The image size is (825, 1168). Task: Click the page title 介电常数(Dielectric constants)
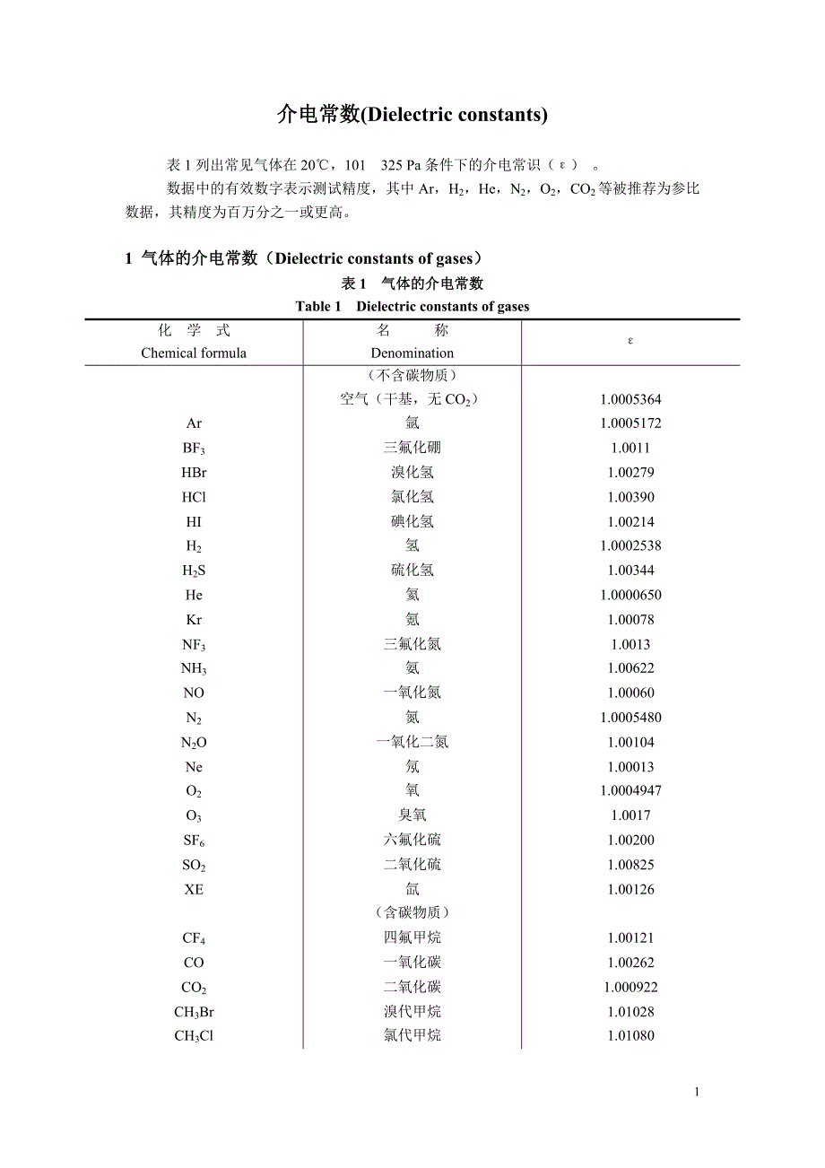(x=412, y=115)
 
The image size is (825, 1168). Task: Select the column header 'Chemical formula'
(x=194, y=353)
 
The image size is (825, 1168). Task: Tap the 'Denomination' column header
(x=412, y=353)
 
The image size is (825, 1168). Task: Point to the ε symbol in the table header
(x=630, y=341)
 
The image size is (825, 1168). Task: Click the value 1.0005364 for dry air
(x=630, y=399)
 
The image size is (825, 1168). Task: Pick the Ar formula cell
(x=194, y=423)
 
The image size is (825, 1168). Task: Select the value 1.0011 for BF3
(x=630, y=448)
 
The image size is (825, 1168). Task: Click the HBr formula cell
(x=194, y=472)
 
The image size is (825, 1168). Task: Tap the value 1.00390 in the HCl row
(x=630, y=497)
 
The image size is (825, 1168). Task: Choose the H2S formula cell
(x=194, y=571)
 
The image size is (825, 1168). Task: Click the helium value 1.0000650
(x=630, y=595)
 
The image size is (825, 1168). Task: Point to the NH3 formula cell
(x=194, y=668)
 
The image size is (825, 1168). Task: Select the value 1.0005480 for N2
(x=630, y=718)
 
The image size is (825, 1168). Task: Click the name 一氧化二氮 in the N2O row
(x=412, y=742)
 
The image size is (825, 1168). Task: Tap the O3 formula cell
(x=194, y=815)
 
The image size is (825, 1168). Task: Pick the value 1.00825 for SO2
(x=630, y=865)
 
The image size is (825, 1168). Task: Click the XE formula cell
(x=194, y=889)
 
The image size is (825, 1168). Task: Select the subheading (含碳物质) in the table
(x=412, y=912)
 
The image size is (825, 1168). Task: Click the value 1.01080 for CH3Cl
(x=630, y=1036)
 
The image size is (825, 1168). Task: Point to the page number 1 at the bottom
(x=696, y=1092)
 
